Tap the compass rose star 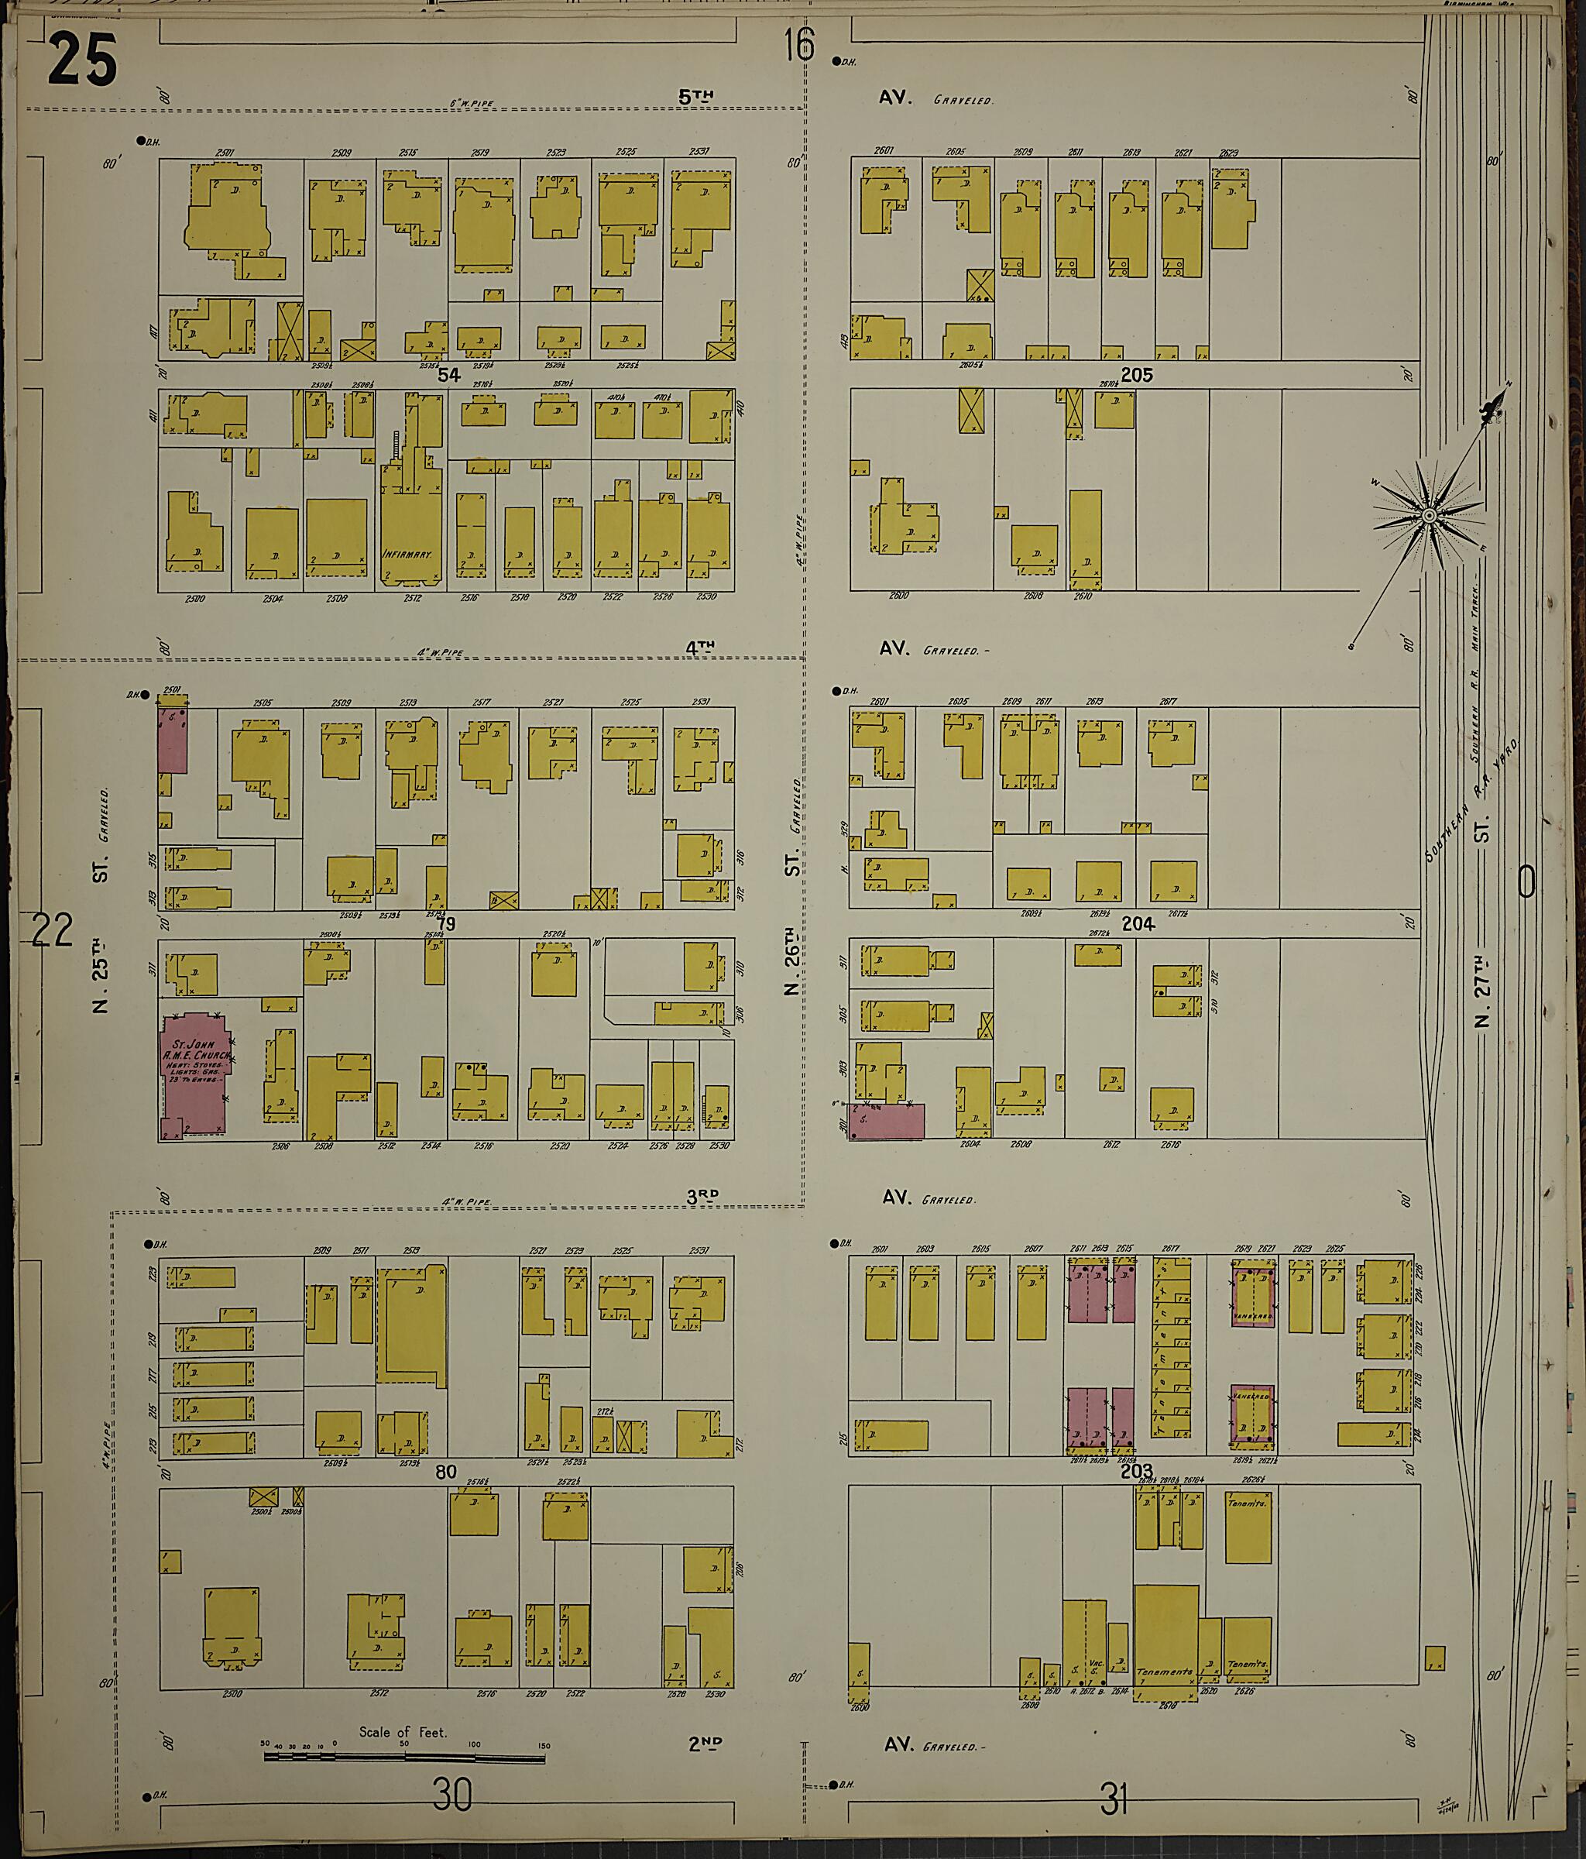(x=1427, y=516)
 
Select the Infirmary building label (x=408, y=555)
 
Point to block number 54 (x=448, y=375)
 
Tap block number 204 (x=1138, y=924)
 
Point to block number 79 (x=446, y=924)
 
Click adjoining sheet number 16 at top (x=798, y=45)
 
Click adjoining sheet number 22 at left (x=50, y=930)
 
